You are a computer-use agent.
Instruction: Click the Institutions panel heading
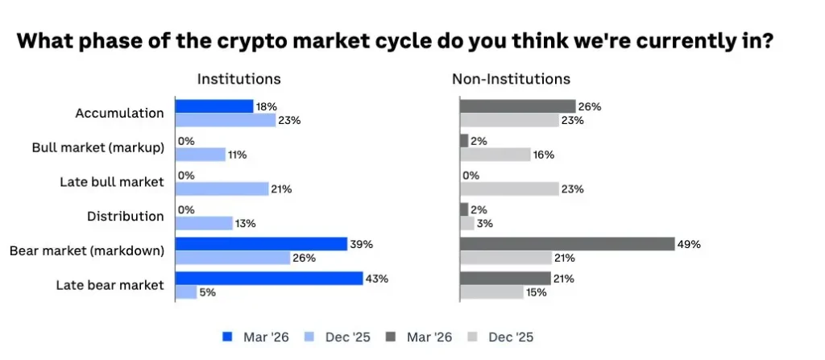pos(239,79)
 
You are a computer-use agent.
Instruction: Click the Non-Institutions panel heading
pos(511,79)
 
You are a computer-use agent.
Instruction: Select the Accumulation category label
pos(120,114)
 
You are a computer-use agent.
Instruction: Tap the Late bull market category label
pos(112,182)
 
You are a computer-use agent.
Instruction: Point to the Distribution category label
pos(125,216)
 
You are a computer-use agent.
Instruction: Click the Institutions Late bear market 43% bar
pos(269,279)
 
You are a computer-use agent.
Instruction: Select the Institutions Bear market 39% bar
pos(261,244)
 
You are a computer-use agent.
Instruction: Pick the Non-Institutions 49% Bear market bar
pos(567,244)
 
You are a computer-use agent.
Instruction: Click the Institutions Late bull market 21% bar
pos(222,189)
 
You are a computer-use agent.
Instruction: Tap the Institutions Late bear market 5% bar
pos(186,292)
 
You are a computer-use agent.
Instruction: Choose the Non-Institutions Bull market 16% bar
pos(495,155)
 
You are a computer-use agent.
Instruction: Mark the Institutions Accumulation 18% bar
pos(214,106)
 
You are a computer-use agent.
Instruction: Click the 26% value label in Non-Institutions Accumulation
pos(591,106)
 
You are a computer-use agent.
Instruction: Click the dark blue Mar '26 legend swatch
pos(228,337)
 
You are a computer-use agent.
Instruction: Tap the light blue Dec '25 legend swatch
pos(309,337)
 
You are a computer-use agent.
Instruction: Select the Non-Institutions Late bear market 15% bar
pos(491,292)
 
